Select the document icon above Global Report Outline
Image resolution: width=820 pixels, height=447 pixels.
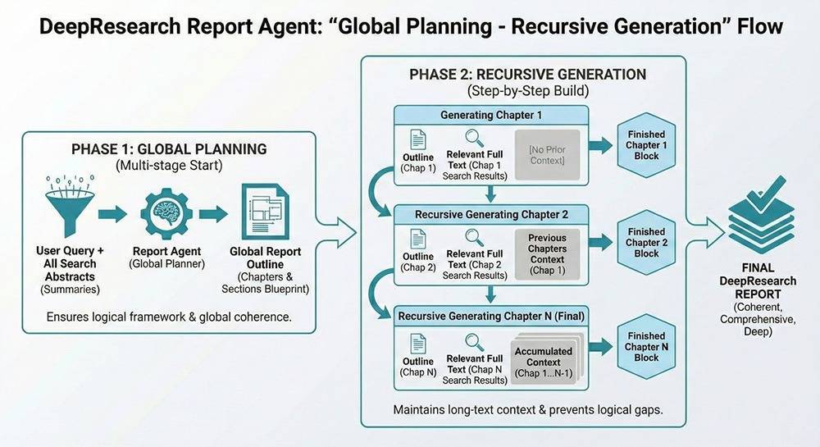264,212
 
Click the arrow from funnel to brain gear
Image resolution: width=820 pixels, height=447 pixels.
112,214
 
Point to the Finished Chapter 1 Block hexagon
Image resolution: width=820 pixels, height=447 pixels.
646,145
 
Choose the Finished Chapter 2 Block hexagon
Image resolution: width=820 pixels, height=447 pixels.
646,242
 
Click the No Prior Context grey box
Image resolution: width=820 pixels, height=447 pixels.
547,155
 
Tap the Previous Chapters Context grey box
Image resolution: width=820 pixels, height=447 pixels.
547,253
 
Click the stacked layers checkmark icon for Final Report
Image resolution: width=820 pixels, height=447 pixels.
760,226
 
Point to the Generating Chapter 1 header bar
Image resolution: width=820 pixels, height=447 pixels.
491,115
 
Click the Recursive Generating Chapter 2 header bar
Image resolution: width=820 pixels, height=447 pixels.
491,215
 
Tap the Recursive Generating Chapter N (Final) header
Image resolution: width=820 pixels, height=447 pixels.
491,316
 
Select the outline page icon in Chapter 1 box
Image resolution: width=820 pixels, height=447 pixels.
418,139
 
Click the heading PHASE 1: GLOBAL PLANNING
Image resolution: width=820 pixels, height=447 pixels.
169,149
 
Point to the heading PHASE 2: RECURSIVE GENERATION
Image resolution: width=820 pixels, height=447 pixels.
528,75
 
